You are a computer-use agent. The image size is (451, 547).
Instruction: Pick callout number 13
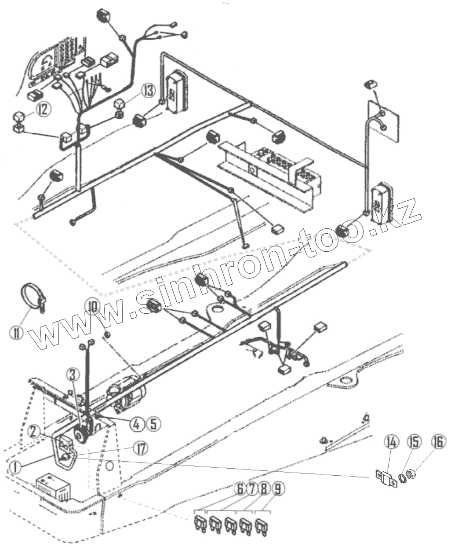click(x=148, y=91)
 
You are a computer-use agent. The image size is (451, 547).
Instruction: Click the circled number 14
click(x=392, y=441)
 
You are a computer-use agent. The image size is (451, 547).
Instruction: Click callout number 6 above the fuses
click(x=241, y=489)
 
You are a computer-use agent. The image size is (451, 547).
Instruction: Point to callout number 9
click(x=277, y=489)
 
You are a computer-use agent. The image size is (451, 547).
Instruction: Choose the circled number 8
click(x=265, y=489)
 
